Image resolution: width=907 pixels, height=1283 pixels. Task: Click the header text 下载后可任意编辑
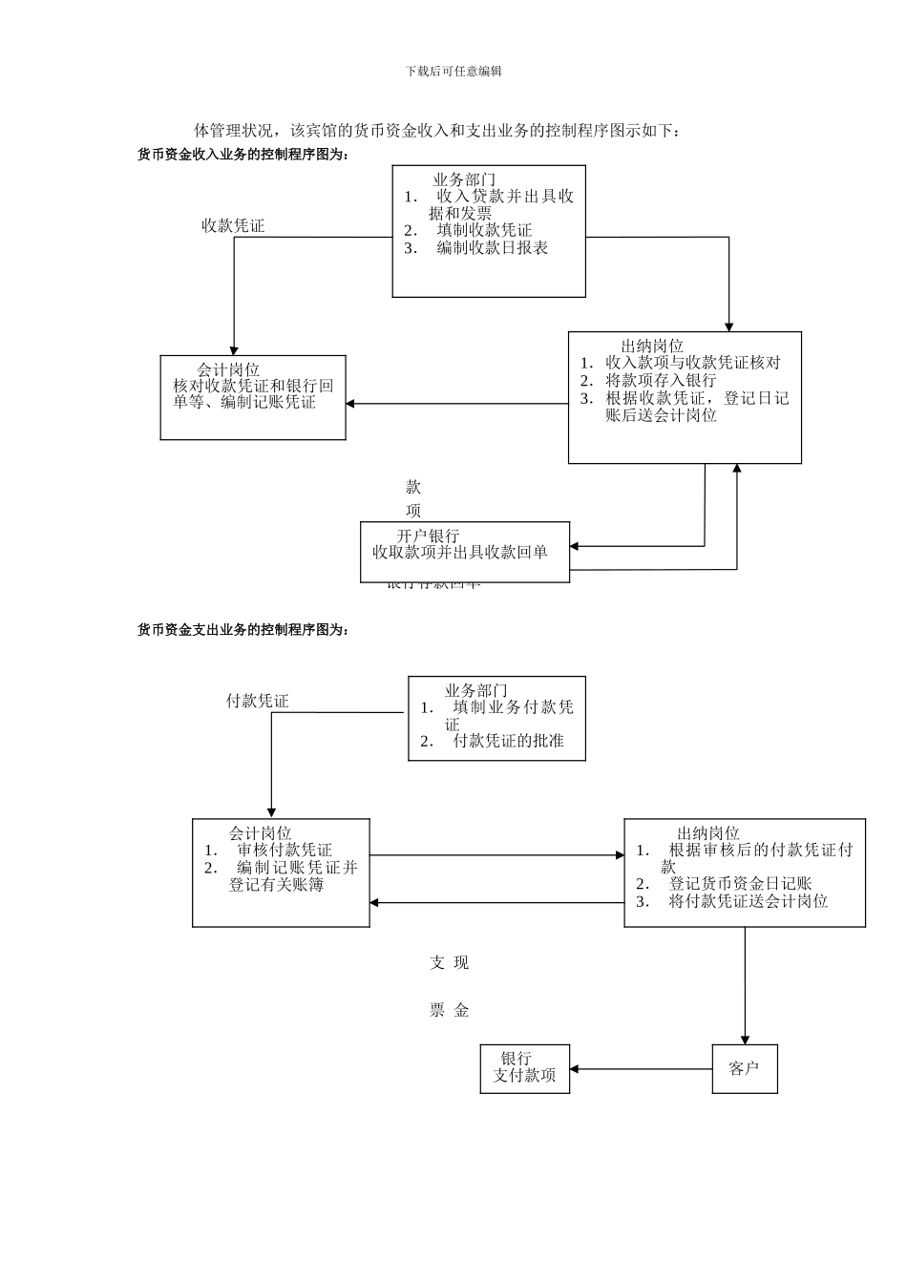pyautogui.click(x=453, y=71)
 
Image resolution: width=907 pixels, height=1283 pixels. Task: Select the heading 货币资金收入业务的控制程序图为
pyautogui.click(x=243, y=154)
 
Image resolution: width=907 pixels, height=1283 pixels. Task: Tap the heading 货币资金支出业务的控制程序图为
pyautogui.click(x=243, y=629)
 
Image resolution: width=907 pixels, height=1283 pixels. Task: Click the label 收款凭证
pyautogui.click(x=232, y=225)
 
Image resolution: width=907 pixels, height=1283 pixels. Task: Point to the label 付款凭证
pyautogui.click(x=257, y=701)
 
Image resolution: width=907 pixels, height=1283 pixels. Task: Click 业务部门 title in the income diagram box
pyautogui.click(x=464, y=179)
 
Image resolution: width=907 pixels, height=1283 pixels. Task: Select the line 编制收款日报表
pyautogui.click(x=493, y=247)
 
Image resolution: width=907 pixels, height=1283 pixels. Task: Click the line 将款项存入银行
pyautogui.click(x=661, y=380)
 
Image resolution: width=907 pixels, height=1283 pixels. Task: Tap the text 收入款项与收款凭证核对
pyautogui.click(x=692, y=363)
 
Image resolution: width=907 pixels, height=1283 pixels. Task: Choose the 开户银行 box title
pyautogui.click(x=428, y=536)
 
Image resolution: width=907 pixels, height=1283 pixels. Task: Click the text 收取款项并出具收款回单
pyautogui.click(x=460, y=552)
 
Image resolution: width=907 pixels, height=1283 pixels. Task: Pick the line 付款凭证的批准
pyautogui.click(x=508, y=741)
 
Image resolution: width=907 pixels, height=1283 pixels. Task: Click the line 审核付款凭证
pyautogui.click(x=285, y=850)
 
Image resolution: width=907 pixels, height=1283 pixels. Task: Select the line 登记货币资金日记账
pyautogui.click(x=740, y=884)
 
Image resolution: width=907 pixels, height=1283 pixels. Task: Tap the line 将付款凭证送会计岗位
pyautogui.click(x=749, y=901)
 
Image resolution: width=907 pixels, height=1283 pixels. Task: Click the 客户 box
pyautogui.click(x=744, y=1068)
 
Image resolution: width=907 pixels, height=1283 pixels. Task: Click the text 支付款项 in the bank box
pyautogui.click(x=524, y=1076)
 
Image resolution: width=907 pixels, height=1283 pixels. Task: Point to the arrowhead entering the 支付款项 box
pyautogui.click(x=575, y=1069)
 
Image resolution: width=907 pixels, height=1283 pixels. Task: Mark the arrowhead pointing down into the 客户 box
pyautogui.click(x=745, y=1040)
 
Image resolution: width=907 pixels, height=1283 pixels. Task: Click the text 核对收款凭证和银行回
pyautogui.click(x=253, y=386)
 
